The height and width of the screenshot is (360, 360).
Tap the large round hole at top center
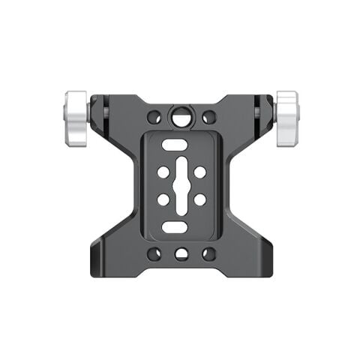click(181, 117)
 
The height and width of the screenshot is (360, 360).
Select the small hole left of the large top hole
click(154, 118)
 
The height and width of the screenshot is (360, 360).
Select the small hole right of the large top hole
click(209, 118)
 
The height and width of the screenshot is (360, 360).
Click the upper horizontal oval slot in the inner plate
click(175, 145)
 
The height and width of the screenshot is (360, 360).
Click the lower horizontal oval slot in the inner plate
click(175, 226)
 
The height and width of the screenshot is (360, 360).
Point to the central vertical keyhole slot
click(181, 185)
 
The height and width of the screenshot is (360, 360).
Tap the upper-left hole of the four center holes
click(163, 172)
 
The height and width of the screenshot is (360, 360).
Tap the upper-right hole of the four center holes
click(199, 172)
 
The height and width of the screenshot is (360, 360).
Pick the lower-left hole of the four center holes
click(163, 199)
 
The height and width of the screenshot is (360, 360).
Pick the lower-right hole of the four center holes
click(199, 199)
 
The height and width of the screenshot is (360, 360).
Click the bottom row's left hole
click(154, 253)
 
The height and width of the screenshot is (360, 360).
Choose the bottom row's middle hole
click(181, 253)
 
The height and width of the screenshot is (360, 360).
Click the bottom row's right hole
click(209, 253)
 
